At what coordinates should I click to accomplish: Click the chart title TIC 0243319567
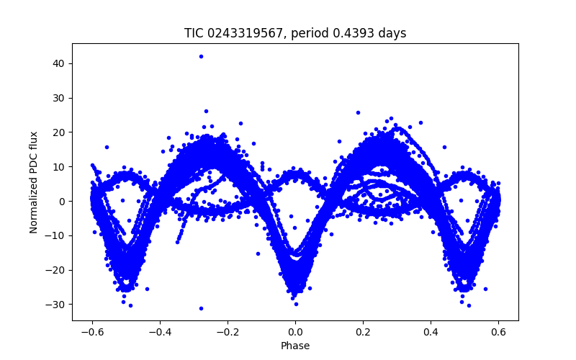pos(295,33)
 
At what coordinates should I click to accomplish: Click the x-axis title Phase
pos(295,346)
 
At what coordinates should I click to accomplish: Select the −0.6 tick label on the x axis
pos(91,331)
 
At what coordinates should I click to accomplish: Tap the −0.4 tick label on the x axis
pos(159,331)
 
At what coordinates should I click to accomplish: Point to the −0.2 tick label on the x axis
pos(227,331)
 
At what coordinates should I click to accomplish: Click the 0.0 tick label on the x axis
pos(295,331)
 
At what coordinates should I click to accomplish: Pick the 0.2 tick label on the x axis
pos(363,331)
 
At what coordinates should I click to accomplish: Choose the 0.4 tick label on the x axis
pos(431,331)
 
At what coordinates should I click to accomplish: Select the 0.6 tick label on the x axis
pos(498,331)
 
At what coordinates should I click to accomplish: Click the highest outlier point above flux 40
pos(201,56)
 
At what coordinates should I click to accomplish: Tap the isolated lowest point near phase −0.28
pos(201,308)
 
